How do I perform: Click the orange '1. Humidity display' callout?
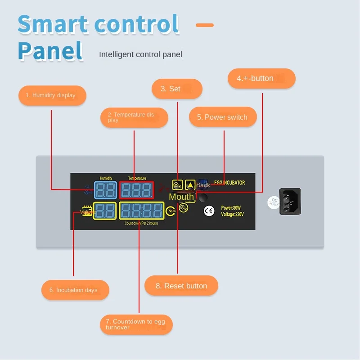pos(52,95)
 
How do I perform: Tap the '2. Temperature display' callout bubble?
pos(134,117)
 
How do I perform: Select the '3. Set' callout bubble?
pos(177,89)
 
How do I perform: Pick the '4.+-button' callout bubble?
pos(261,78)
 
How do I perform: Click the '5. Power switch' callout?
pos(223,117)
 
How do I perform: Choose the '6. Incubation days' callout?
pos(76,290)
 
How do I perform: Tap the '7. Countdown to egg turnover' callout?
pos(136,324)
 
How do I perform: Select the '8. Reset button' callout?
pos(181,286)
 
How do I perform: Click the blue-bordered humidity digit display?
pos(105,190)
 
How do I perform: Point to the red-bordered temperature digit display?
pos(137,190)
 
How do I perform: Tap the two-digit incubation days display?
pos(105,211)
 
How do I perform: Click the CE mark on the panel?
pos(209,211)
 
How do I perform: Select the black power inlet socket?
pos(290,201)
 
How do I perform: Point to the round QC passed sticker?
pos(273,201)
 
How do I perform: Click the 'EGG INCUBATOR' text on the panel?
pos(229,183)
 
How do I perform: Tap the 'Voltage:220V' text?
pos(232,214)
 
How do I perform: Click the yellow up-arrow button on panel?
pos(190,184)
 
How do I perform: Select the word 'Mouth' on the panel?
pos(181,197)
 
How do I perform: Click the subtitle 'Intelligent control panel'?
pos(140,54)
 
